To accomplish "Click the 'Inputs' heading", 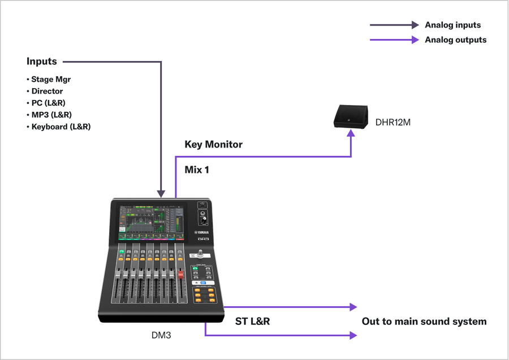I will point(41,61).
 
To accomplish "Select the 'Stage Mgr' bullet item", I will point(50,79).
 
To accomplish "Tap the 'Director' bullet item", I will point(46,91).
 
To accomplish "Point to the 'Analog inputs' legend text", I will point(452,25).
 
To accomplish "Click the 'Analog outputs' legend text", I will point(455,40).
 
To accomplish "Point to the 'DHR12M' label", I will point(393,122).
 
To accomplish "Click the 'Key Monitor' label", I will point(213,144).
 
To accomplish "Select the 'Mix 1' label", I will point(197,169).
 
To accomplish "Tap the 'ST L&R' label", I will point(252,322).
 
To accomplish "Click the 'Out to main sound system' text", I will point(424,322).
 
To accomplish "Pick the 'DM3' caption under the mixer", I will point(161,335).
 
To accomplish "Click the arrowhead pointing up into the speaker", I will point(351,137).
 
